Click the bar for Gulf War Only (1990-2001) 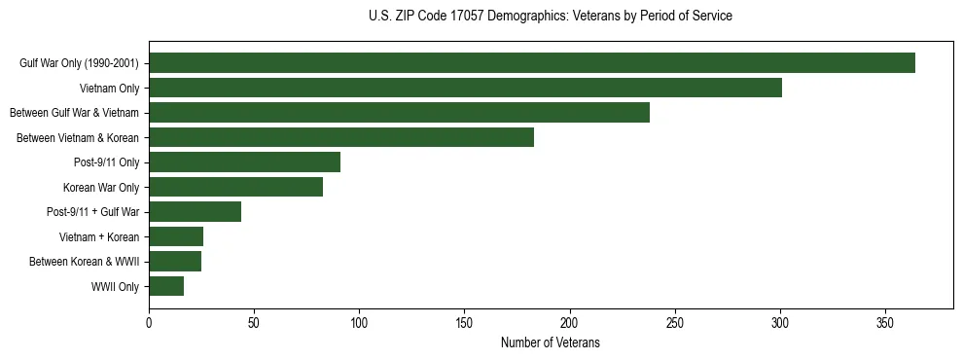(532, 63)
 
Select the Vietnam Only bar (465, 88)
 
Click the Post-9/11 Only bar (245, 162)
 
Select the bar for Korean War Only (236, 187)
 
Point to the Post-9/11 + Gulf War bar (196, 212)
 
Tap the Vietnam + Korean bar (176, 236)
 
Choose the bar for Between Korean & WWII (175, 262)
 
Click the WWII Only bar (166, 286)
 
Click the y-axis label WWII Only (115, 287)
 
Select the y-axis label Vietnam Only (109, 89)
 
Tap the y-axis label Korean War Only (101, 188)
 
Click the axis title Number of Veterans (550, 343)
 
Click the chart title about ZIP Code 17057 (550, 17)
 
